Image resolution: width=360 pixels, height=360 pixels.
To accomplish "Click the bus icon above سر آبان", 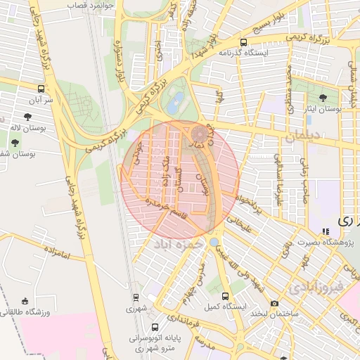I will (x=41, y=89).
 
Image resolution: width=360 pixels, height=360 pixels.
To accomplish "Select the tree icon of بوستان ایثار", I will (x=323, y=98).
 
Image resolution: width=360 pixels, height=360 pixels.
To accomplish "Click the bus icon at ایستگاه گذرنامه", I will (x=243, y=41).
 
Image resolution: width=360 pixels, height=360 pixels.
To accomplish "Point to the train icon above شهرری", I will (x=135, y=298).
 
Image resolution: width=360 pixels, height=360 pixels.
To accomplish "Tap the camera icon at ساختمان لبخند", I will (x=274, y=303).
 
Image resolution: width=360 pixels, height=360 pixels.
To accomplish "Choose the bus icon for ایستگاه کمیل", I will (x=225, y=296).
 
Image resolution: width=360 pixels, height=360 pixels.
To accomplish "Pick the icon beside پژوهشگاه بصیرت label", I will (x=325, y=231).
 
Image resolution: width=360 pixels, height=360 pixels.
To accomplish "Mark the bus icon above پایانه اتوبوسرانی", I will (x=155, y=326).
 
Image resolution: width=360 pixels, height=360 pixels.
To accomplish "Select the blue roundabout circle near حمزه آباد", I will (x=213, y=242).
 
